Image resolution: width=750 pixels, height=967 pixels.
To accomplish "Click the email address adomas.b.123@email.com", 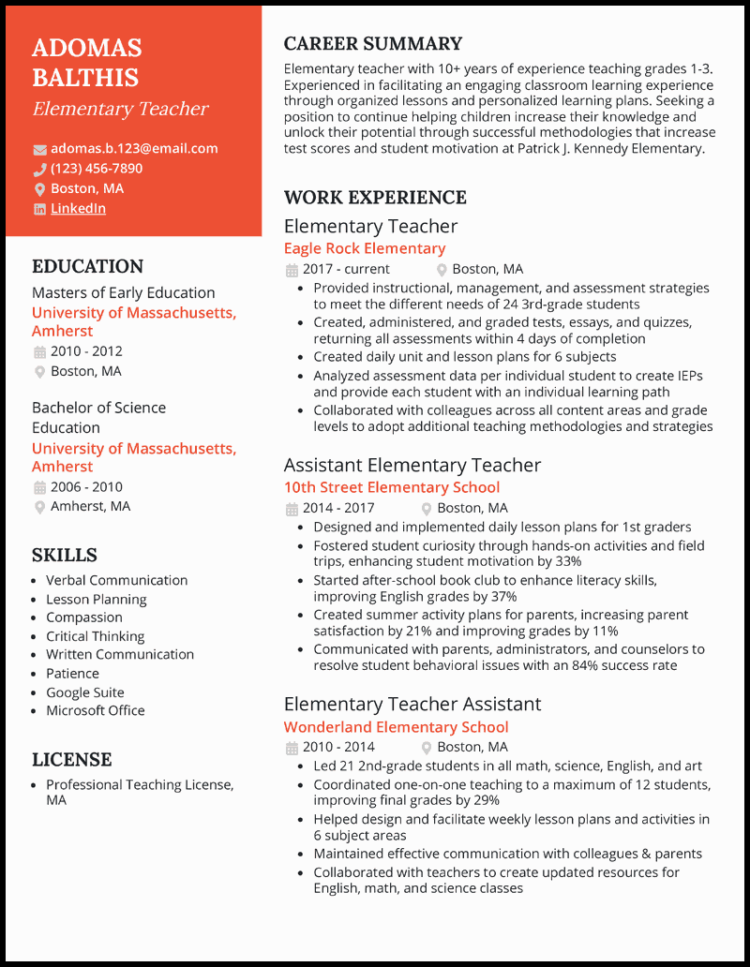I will (134, 148).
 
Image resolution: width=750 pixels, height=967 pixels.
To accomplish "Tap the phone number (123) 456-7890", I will (97, 169).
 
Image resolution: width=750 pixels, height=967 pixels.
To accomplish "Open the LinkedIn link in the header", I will (78, 208).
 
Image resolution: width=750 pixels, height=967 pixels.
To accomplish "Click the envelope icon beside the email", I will (39, 149).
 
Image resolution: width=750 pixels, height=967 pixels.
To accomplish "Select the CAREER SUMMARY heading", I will (372, 44).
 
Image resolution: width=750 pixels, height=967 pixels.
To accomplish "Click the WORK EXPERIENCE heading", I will (374, 198).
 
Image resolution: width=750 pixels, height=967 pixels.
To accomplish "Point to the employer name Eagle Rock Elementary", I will (364, 248).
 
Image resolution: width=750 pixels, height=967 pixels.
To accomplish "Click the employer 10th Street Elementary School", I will (391, 487).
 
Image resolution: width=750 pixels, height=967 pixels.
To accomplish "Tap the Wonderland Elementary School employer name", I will (396, 727).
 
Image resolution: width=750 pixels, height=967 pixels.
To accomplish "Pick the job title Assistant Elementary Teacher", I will (412, 466).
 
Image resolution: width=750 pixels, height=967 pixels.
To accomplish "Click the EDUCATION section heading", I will (87, 266).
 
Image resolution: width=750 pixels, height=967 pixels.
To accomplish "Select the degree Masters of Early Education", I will (123, 292).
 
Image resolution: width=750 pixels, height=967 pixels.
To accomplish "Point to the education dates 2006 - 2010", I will (86, 486).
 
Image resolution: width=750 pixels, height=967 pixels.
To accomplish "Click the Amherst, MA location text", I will (90, 506).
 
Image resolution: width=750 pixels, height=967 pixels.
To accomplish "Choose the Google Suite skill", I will (84, 692).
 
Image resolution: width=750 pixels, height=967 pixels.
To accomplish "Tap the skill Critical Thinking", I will (95, 636).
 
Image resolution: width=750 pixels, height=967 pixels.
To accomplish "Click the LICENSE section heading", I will (71, 759).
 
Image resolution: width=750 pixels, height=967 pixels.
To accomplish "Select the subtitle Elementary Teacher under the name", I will (120, 109).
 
